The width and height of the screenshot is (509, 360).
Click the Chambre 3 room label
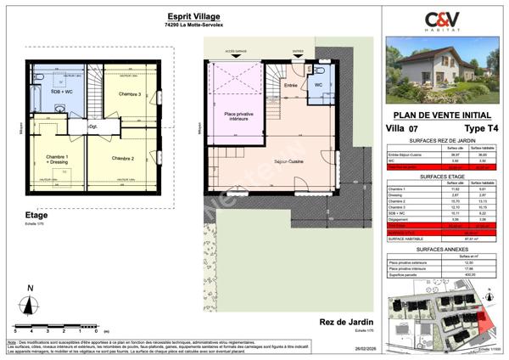pos(129,93)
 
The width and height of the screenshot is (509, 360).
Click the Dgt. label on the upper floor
pos(94,127)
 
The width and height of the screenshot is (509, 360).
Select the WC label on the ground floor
pos(318,86)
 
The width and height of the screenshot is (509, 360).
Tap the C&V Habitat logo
pos(442,19)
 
